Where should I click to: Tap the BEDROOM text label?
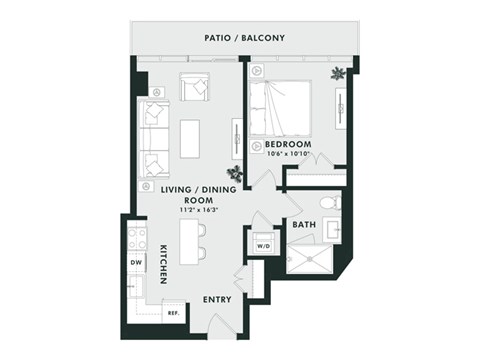point(288,144)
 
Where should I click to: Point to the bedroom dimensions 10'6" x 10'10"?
point(288,155)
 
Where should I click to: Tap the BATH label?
point(304,225)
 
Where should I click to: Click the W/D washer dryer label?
point(264,245)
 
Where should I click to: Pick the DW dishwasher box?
point(135,263)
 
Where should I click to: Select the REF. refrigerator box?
point(173,312)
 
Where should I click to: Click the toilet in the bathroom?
point(331,203)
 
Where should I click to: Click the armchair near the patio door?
point(193,86)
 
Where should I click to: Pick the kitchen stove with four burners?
point(136,239)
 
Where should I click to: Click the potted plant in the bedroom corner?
point(340,73)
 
